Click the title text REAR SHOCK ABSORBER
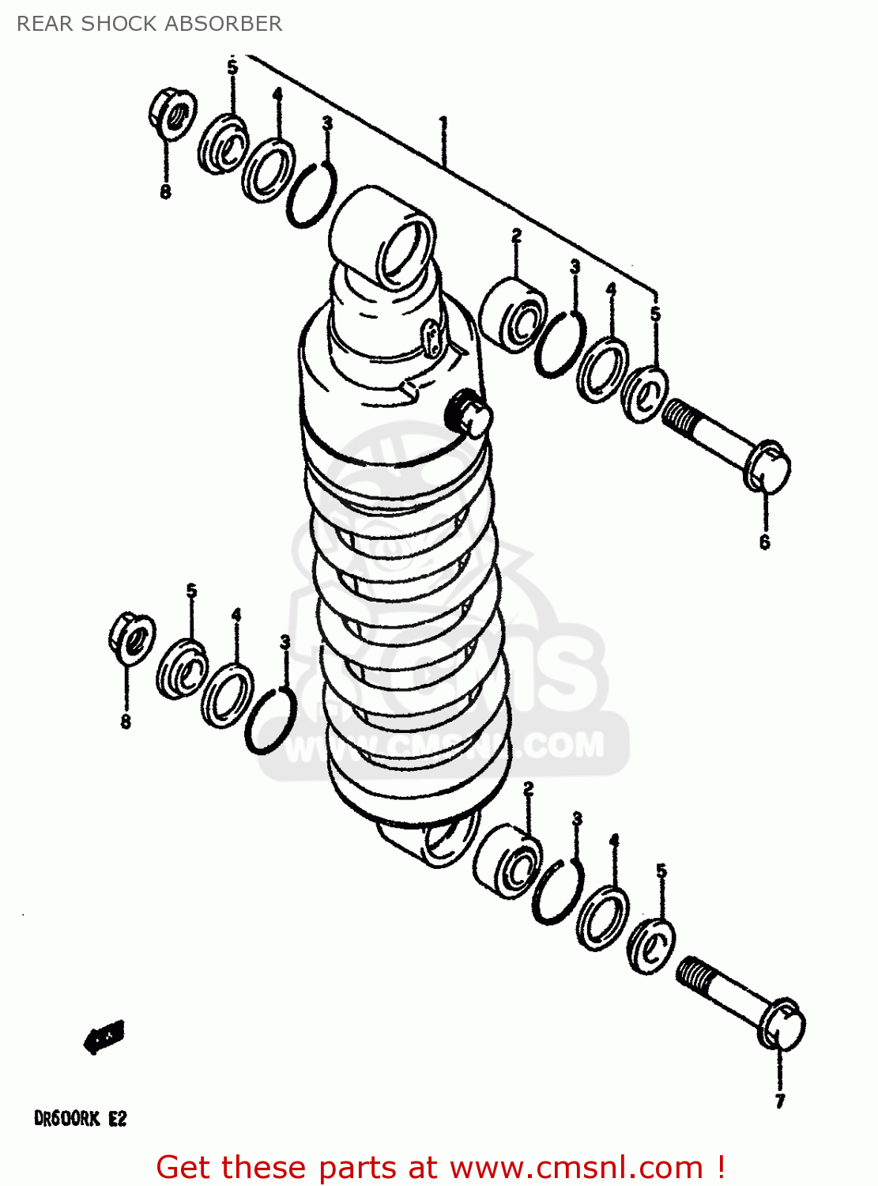(x=149, y=24)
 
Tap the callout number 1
(x=444, y=123)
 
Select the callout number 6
(x=764, y=542)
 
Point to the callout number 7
(x=780, y=1101)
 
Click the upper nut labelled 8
(x=171, y=115)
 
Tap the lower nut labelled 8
(x=131, y=637)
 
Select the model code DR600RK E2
(x=80, y=1119)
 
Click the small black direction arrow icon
(x=104, y=1036)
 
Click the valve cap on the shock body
(x=468, y=412)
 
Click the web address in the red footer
(x=576, y=1167)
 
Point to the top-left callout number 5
(x=232, y=67)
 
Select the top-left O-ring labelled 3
(x=311, y=195)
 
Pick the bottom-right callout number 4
(x=614, y=840)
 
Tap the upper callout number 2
(x=516, y=236)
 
